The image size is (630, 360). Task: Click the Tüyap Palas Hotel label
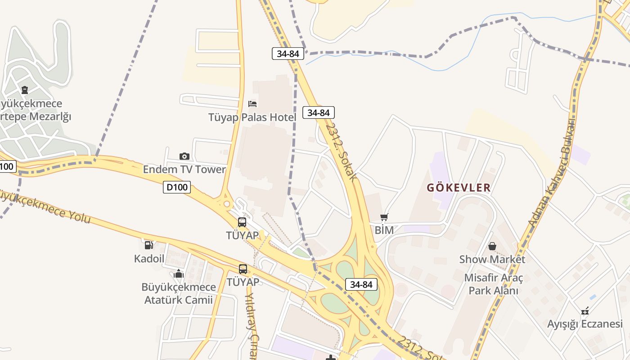point(252,118)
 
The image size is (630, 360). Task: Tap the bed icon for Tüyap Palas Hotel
point(253,104)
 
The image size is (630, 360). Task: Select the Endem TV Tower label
point(184,170)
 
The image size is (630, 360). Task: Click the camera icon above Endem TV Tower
point(184,157)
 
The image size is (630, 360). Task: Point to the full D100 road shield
point(176,187)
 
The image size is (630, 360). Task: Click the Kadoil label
point(149,259)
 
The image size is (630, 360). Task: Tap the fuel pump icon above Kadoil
point(148,245)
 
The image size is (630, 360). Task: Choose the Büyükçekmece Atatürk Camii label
point(179,293)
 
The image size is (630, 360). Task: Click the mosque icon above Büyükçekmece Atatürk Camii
point(179,274)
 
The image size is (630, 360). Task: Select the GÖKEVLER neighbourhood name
point(459,188)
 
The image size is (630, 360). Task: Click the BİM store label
point(384,230)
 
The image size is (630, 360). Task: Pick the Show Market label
point(492,260)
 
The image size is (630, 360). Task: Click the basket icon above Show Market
point(492,246)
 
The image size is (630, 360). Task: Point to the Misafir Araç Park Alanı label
point(494,284)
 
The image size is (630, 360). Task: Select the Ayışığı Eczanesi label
point(585,324)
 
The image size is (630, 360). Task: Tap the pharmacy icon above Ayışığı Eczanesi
point(585,310)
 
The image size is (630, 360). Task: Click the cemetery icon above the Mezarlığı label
point(25,90)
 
